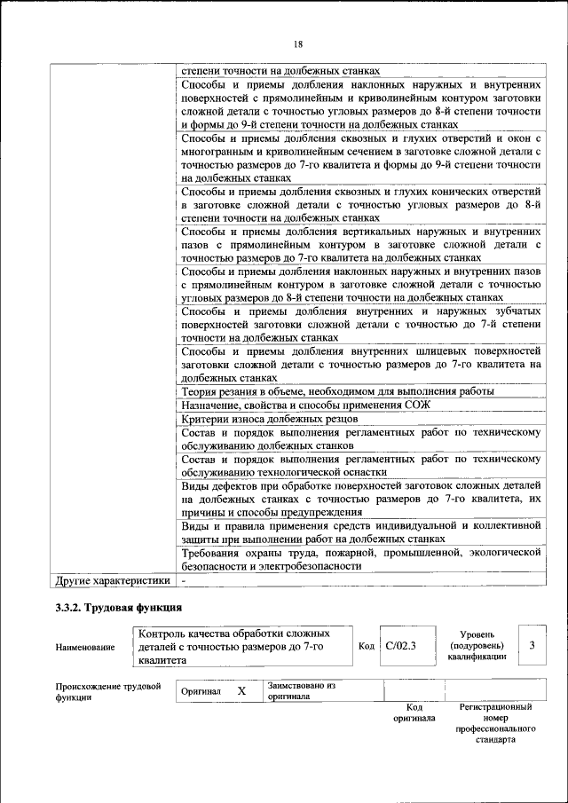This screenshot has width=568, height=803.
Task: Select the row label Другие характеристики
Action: pos(112,580)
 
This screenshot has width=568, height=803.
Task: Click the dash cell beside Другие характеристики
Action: pos(184,580)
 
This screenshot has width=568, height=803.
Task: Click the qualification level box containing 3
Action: pos(532,645)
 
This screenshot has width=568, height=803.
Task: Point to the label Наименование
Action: pos(84,648)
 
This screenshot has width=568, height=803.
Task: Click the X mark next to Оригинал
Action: pos(241,690)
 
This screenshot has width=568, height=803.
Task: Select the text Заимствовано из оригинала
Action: pos(302,690)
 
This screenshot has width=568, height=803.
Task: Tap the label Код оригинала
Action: pos(414,712)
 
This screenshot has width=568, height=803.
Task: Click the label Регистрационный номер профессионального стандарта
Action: pos(494,723)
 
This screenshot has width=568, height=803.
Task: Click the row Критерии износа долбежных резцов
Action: pos(269,418)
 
